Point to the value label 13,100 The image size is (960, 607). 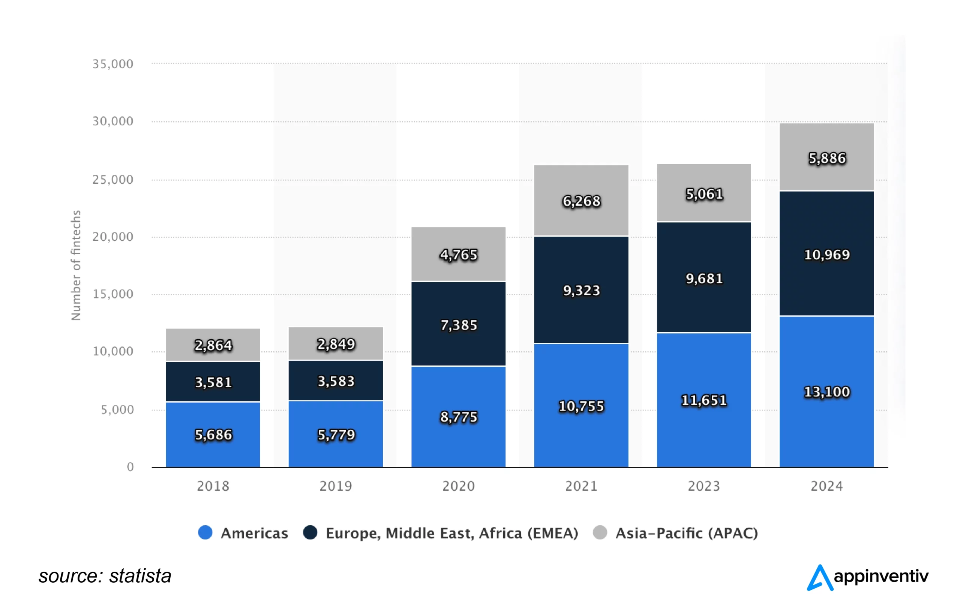826,392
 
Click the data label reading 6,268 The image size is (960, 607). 581,201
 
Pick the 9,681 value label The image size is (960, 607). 704,279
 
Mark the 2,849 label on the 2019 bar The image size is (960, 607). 336,344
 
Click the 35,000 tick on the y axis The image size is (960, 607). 113,64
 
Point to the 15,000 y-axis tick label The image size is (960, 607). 113,294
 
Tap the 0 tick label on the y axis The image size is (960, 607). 130,467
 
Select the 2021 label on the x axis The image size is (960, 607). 581,486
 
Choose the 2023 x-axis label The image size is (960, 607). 704,486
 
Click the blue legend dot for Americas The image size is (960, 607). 205,532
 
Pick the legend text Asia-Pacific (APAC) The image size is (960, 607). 687,533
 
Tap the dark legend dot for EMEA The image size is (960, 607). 310,532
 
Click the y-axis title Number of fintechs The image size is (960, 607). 76,265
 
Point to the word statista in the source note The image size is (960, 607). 140,576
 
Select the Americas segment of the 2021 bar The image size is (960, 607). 581,430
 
